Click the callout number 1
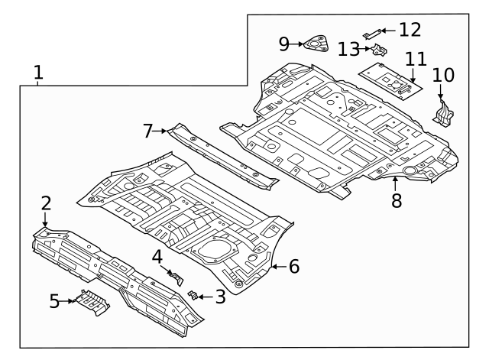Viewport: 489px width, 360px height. (x=38, y=73)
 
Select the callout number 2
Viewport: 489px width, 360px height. (x=46, y=203)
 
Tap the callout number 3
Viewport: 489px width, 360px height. (x=220, y=297)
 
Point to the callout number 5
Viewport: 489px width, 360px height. (x=54, y=301)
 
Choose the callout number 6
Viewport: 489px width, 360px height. (x=293, y=267)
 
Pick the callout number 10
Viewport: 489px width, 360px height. (x=443, y=75)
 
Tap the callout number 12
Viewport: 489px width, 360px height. (x=410, y=30)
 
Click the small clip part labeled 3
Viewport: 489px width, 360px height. (x=194, y=294)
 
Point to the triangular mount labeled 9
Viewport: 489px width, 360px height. (x=314, y=44)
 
